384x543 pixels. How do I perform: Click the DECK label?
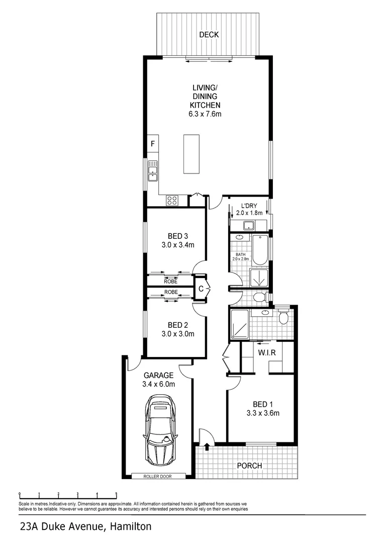209,35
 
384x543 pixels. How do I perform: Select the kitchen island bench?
191,154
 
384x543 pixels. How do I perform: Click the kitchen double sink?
153,171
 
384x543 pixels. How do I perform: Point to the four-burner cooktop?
172,200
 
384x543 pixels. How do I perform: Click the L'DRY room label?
249,206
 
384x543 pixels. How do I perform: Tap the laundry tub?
248,226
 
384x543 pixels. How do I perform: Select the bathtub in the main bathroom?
260,250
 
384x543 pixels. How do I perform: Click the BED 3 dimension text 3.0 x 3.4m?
177,245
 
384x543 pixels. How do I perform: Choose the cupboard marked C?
201,288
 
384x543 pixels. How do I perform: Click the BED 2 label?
177,325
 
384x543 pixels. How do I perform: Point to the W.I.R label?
267,353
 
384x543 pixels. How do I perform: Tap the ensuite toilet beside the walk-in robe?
283,317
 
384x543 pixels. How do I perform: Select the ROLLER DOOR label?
157,476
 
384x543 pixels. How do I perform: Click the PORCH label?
249,466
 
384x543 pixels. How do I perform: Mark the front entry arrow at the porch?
207,446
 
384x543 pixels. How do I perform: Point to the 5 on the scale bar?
116,494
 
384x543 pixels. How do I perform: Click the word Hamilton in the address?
131,527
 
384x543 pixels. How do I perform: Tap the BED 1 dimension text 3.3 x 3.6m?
263,413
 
